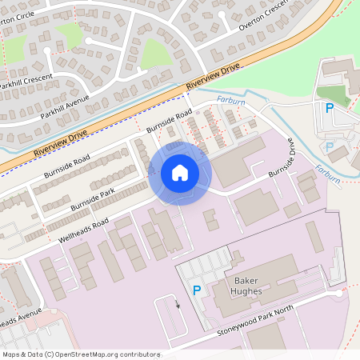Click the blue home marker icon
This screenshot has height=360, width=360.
coord(179,173)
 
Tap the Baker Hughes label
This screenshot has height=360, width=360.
coord(254,286)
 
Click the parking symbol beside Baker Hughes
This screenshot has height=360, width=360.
coord(197,291)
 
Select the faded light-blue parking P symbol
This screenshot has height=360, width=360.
coord(329,147)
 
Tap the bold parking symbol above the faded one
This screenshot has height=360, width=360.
coord(328,109)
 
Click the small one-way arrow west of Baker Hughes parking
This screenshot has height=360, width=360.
coord(178,304)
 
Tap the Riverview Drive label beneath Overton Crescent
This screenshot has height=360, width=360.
coord(212,79)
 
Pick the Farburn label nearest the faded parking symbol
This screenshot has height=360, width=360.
coord(328,170)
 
